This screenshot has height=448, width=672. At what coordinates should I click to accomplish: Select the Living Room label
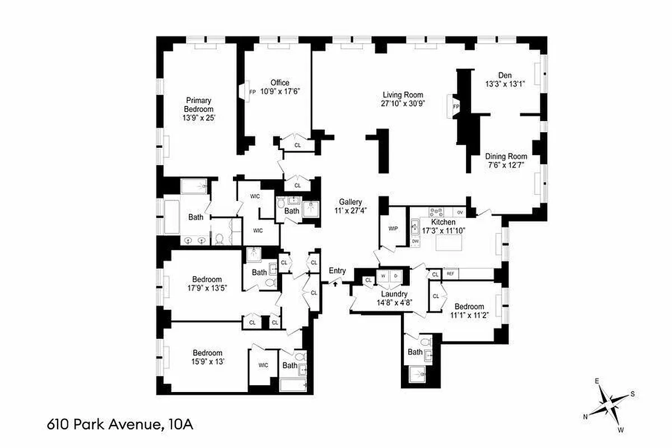click(x=403, y=95)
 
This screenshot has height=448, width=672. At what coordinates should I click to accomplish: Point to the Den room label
click(x=505, y=76)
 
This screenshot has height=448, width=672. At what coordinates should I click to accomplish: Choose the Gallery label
click(x=350, y=202)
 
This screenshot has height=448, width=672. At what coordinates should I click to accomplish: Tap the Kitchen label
click(x=444, y=222)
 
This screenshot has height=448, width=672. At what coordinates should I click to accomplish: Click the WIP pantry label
click(x=393, y=228)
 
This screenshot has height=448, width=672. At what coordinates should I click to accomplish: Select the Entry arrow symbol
click(x=335, y=283)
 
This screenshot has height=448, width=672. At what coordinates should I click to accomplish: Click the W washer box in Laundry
click(x=384, y=276)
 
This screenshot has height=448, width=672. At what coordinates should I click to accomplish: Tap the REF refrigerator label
click(x=450, y=274)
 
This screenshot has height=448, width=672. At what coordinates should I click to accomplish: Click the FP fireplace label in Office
click(x=253, y=91)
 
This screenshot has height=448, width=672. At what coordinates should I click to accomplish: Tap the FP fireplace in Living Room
click(x=455, y=106)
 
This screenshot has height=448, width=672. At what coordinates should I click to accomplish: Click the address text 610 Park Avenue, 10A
click(x=120, y=424)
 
